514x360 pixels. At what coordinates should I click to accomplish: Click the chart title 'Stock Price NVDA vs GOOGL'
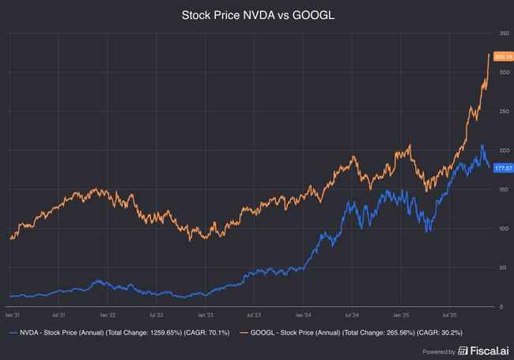256,15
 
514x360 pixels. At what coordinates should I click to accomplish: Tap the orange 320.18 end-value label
502,56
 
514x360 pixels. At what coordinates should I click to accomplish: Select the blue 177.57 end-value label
502,168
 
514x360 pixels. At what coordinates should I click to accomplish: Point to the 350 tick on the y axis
502,33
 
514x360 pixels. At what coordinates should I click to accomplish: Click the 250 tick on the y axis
502,112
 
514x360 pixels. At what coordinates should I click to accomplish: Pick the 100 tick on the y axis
502,229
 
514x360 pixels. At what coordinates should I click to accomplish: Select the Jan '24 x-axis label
303,313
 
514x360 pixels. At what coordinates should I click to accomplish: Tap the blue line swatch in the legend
12,334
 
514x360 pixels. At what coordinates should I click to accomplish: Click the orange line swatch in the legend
235,334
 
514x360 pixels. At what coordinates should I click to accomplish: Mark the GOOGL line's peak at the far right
489,54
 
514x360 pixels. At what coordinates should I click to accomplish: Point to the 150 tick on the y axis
502,190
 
